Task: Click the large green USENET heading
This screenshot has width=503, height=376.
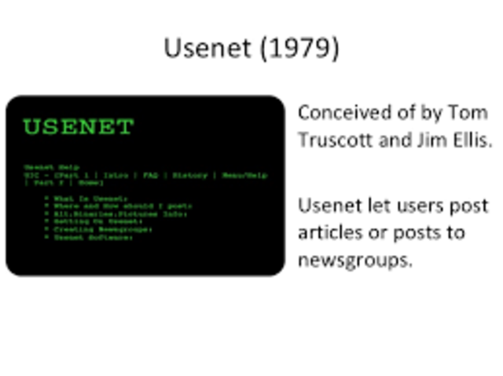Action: pyautogui.click(x=79, y=126)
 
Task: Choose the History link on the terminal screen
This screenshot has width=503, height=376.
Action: pyautogui.click(x=189, y=175)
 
